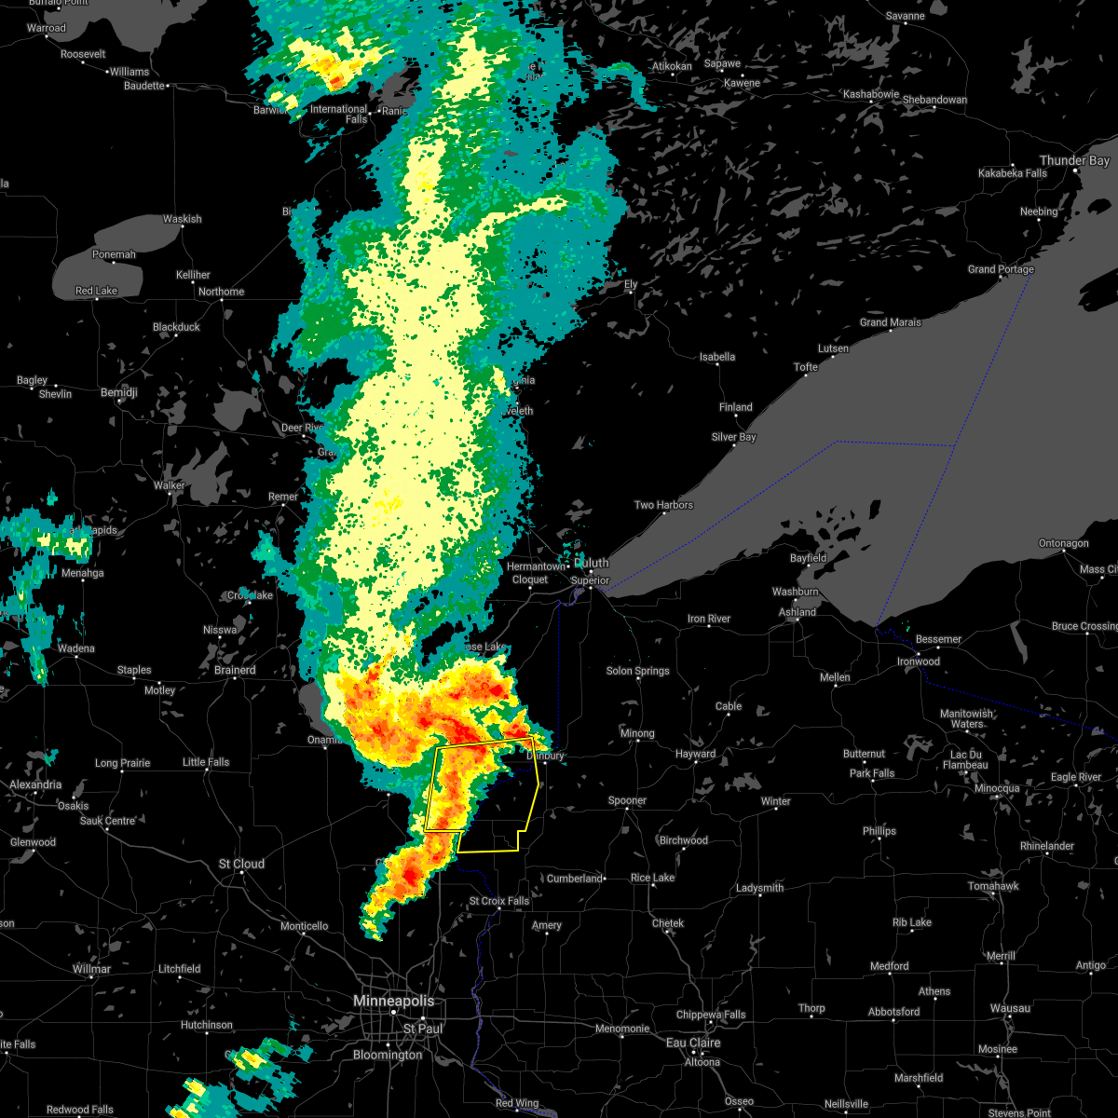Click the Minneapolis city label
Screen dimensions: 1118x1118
coord(393,1001)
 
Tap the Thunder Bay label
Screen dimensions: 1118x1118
coord(1074,161)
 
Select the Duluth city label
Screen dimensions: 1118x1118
coord(592,563)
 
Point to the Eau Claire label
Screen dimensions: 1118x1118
coord(693,1043)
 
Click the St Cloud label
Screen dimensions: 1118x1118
coord(241,865)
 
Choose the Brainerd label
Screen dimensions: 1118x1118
coord(235,670)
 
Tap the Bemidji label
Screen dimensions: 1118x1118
coord(118,393)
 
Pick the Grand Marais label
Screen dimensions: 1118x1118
coord(890,322)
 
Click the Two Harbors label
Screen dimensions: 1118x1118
coord(663,505)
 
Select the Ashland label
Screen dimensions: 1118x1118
coord(798,612)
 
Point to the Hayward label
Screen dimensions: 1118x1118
coord(695,754)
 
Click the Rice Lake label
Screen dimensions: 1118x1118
coord(652,878)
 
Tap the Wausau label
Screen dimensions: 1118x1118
coord(1010,1008)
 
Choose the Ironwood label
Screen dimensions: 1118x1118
coord(919,661)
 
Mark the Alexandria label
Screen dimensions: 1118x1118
coord(35,785)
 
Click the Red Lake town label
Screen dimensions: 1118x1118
coord(96,291)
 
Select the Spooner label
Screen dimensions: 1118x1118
coord(627,800)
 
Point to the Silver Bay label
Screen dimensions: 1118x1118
coord(733,437)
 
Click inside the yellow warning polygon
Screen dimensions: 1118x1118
coord(494,801)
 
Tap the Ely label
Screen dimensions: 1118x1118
coord(631,284)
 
